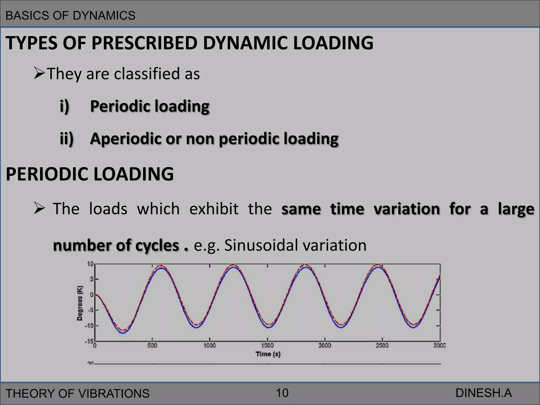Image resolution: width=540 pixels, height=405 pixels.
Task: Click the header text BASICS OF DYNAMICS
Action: pos(70,16)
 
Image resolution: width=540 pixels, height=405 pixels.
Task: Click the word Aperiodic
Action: pos(125,139)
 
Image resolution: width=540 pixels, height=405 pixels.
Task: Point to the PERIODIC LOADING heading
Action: pos(90,174)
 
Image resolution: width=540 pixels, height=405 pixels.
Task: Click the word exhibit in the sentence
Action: pos(214,209)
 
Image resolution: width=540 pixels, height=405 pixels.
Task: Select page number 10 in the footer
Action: pos(282,393)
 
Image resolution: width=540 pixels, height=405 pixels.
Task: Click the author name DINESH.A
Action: pos(483,393)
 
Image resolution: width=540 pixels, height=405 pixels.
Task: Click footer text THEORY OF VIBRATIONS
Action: pos(78,393)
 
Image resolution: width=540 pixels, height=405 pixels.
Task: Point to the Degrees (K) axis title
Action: pos(80,303)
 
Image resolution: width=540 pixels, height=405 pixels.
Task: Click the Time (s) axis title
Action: pos(268,354)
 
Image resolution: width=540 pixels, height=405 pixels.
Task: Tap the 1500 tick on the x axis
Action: pos(267,345)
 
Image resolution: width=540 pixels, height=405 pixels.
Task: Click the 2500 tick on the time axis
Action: pos(382,345)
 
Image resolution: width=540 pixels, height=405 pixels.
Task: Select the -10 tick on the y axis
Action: pos(89,326)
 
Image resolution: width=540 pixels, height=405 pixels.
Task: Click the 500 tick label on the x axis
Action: pos(152,345)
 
